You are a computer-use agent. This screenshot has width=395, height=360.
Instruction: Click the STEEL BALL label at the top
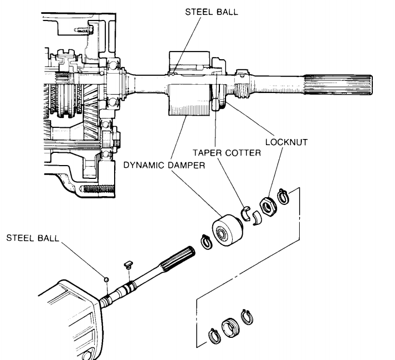coord(212,12)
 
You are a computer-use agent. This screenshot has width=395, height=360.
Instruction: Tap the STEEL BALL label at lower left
coord(33,238)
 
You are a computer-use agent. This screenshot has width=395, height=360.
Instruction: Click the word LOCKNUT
coord(286,142)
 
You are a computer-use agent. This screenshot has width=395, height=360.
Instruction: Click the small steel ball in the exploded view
coord(106,279)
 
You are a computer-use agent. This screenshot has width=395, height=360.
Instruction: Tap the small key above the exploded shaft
coord(129,265)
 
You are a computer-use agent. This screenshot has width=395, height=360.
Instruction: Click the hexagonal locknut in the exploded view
coord(268,206)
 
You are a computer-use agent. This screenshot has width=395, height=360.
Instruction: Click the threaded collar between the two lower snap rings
coord(230,327)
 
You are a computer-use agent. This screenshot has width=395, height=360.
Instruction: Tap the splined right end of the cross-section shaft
coord(338,85)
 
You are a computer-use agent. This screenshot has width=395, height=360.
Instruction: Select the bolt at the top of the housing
coord(84,30)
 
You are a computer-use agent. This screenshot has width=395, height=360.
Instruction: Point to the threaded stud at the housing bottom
coord(98,189)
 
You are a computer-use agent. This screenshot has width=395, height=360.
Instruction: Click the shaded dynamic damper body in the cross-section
coord(189,100)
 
